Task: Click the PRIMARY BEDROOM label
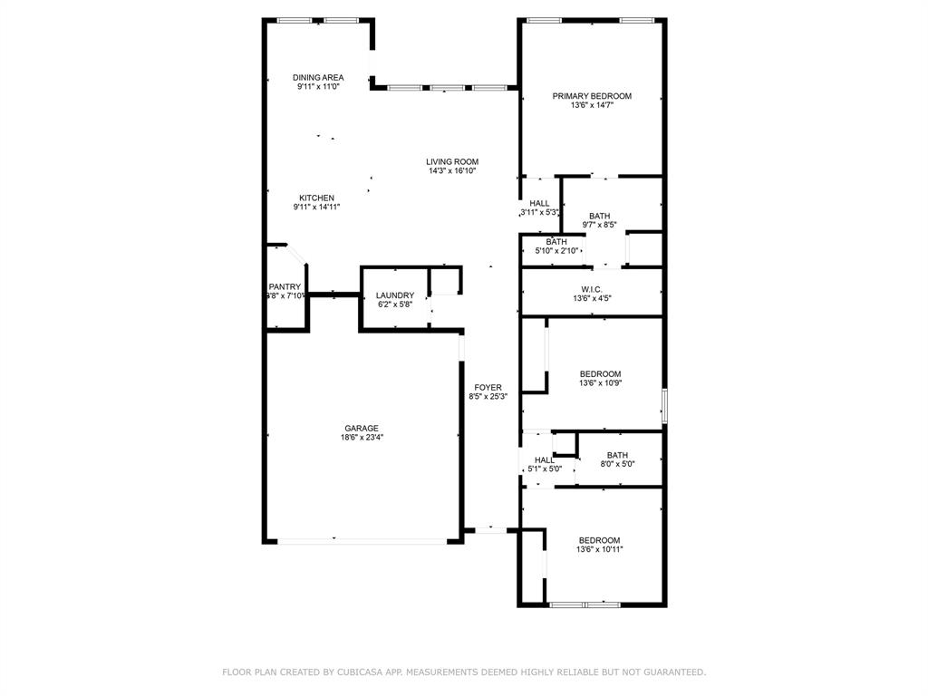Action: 592,96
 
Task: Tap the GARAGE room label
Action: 361,429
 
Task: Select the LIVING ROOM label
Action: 452,162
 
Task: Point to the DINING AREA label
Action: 318,78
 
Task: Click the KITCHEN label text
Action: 317,198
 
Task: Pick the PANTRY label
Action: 285,287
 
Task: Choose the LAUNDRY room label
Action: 395,295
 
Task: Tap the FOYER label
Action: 488,388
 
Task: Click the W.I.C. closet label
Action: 592,289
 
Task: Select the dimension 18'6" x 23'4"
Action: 361,438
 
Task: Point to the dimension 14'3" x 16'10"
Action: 452,171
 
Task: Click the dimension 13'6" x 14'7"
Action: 592,105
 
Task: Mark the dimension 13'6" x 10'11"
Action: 600,549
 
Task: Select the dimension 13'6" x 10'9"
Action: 600,383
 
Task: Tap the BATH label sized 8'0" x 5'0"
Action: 617,455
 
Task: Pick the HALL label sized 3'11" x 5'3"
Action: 539,204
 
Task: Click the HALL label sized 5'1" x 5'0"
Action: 545,460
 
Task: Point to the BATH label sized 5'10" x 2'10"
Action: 556,242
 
